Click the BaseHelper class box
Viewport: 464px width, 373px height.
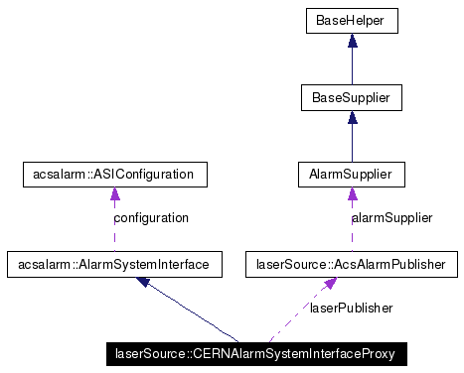coord(351,19)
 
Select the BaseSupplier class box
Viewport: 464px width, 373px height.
coord(351,97)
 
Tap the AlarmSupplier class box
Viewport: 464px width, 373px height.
coord(351,176)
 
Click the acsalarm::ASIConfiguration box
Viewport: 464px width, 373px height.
coord(114,176)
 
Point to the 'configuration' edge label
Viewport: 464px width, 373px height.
coord(150,217)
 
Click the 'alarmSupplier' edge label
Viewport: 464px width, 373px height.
coord(391,217)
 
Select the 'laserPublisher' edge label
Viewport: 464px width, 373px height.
coord(352,308)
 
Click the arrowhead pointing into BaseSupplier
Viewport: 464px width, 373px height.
coord(351,117)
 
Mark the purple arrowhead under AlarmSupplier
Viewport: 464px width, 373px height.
coord(351,195)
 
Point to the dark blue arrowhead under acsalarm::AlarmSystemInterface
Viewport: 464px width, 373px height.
coord(144,282)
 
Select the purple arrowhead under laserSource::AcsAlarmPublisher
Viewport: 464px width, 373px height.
coord(330,284)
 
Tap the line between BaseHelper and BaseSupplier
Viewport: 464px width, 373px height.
coord(351,65)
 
